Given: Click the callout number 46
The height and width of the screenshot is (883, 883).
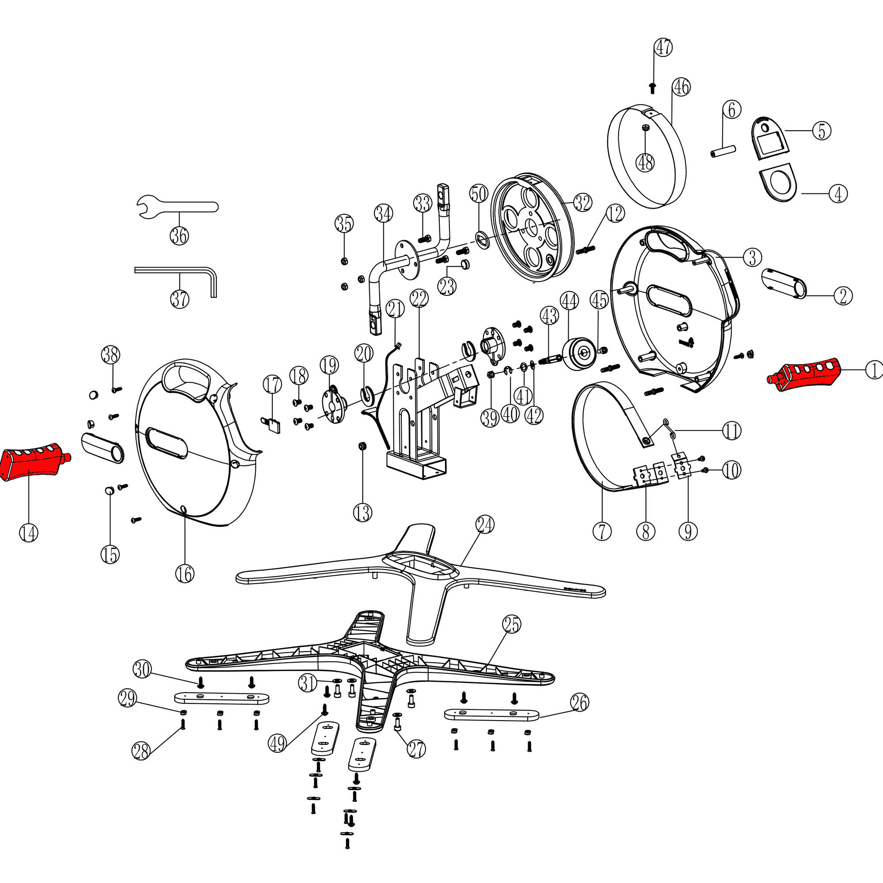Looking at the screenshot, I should [x=681, y=87].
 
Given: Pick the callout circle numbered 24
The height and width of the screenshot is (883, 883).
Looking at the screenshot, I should [x=485, y=525].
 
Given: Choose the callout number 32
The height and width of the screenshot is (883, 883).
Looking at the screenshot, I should [x=582, y=203].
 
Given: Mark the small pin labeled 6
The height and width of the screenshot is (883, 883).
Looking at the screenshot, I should [x=723, y=151].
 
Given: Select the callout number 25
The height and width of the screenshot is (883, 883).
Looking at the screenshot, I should [x=511, y=624].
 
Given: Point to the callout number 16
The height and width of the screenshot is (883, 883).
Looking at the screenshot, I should [x=185, y=574].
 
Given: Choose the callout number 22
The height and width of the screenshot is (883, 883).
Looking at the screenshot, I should [x=419, y=299].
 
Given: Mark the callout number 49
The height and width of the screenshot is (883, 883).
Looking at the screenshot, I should [x=277, y=744].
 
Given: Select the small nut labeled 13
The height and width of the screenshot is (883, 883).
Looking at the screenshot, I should [x=363, y=445].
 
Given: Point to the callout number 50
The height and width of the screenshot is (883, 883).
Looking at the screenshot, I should [x=479, y=194].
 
